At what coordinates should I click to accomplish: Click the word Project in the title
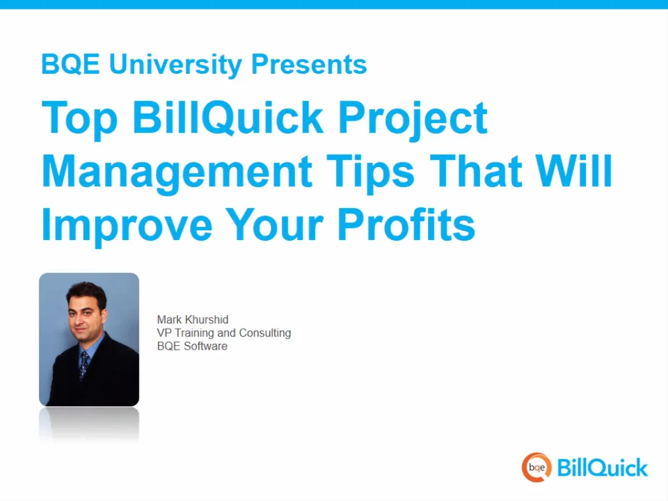coord(412,118)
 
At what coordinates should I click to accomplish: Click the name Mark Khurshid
coord(193,320)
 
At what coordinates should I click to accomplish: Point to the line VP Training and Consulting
coord(223,333)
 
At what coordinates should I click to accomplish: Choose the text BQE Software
coord(192,346)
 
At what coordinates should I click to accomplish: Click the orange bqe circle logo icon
coord(536,468)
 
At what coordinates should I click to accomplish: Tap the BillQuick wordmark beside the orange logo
coord(603,468)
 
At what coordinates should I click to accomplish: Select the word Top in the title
coord(81,118)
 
